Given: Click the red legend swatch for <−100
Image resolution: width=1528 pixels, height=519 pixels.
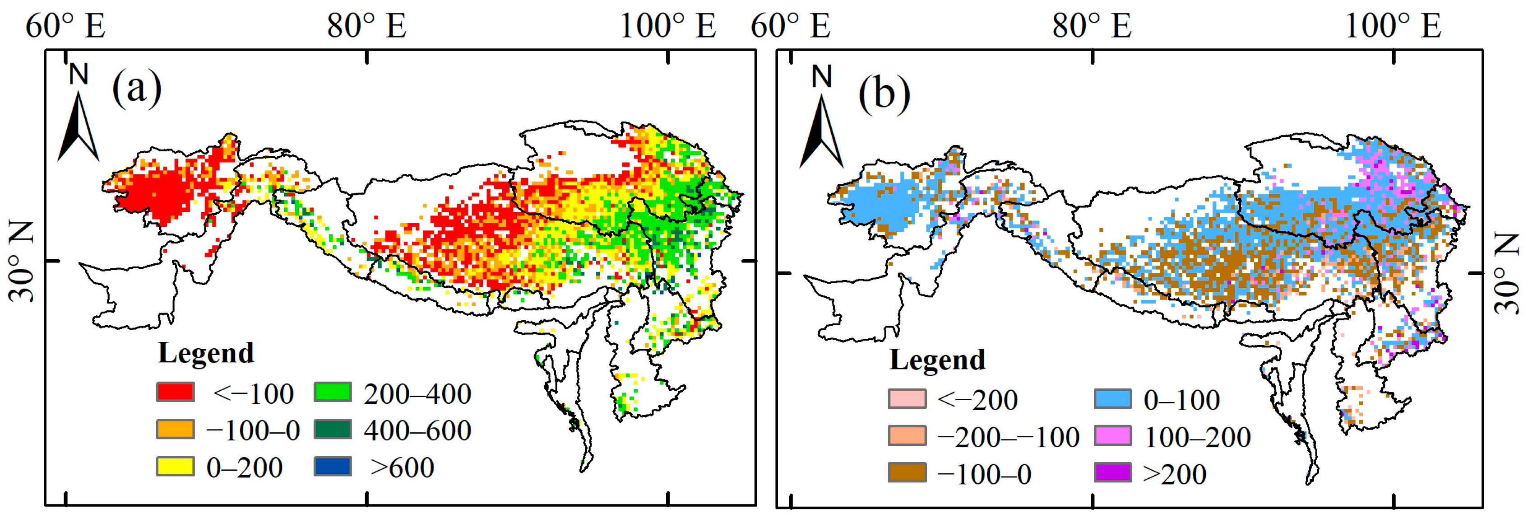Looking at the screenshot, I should click(175, 392).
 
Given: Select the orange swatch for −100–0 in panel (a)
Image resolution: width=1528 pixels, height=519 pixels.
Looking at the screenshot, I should click(175, 429).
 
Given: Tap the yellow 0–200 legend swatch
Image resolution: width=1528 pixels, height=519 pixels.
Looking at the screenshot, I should click(175, 466).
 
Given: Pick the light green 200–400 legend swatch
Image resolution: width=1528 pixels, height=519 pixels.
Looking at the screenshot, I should click(333, 392).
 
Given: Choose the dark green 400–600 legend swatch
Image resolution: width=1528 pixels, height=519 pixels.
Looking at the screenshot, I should click(333, 429).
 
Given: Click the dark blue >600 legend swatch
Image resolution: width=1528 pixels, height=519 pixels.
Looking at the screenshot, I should click(333, 466).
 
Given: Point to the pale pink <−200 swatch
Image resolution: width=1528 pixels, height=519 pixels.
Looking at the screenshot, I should click(907, 398).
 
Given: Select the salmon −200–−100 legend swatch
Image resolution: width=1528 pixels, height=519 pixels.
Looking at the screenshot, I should click(907, 436).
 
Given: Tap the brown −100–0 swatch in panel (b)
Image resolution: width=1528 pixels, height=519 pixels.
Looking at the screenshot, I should click(907, 472).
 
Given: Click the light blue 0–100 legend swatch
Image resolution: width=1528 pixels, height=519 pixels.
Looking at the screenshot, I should click(1113, 398).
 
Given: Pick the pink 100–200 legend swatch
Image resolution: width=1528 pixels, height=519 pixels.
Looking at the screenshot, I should click(1113, 436).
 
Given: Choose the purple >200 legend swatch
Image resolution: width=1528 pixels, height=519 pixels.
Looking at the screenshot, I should click(1113, 472).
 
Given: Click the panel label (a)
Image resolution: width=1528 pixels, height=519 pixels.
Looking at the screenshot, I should click(137, 88).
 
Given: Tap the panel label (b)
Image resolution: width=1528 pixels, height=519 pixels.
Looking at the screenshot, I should click(884, 94).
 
